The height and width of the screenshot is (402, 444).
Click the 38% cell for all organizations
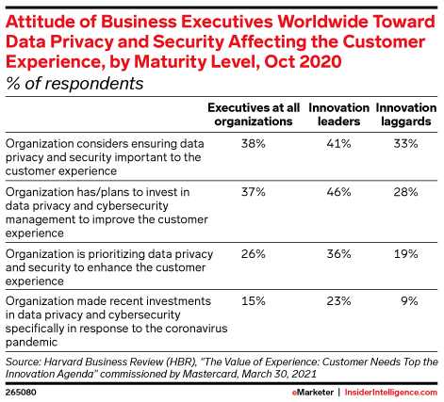tap(254, 144)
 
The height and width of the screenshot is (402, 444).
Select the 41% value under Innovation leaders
tap(338, 144)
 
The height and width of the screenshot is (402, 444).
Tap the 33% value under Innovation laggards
tap(406, 144)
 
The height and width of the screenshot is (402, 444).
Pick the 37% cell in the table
tap(254, 192)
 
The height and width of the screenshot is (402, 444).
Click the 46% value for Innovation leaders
tap(338, 192)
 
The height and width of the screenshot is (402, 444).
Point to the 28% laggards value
tap(406, 192)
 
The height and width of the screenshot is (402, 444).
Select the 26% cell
tap(254, 253)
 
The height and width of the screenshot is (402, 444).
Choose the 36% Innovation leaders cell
tap(338, 253)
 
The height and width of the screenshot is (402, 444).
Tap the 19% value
tap(406, 253)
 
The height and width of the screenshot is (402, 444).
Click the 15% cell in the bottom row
tap(254, 301)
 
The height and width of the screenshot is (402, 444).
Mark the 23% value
tap(338, 301)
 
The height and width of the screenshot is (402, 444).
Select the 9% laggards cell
tap(409, 301)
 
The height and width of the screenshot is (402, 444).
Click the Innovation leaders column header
tap(338, 115)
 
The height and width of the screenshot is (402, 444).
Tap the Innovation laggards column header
tap(406, 115)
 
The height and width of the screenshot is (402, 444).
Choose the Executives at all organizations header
tap(254, 115)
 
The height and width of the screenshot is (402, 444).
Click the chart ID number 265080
tap(21, 393)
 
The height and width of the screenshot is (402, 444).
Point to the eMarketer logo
tap(313, 393)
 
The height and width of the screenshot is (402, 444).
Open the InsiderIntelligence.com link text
tap(391, 393)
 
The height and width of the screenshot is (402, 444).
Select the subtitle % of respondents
tap(74, 84)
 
